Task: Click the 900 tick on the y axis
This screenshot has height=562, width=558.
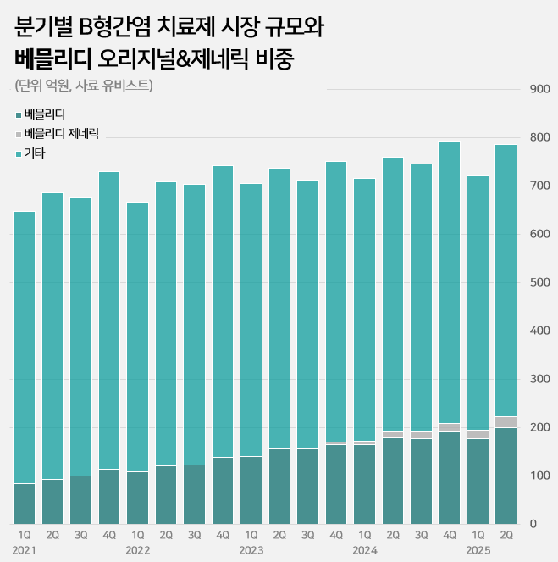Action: coord(539,89)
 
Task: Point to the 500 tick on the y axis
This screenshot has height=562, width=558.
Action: coord(539,282)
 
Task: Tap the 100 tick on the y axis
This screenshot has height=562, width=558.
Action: coord(539,476)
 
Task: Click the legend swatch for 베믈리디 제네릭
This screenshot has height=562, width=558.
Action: coord(19,134)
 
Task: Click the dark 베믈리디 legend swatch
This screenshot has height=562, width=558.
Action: coord(19,114)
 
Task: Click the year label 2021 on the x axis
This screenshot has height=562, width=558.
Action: coord(25,550)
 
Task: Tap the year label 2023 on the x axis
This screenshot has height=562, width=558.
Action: coord(251,550)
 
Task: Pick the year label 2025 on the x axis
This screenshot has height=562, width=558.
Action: coord(478,550)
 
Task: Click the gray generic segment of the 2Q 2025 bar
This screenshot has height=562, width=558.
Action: coord(506,422)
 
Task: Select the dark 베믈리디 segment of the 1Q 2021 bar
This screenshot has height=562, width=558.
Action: coord(25,504)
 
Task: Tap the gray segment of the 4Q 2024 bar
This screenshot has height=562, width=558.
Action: coord(449,427)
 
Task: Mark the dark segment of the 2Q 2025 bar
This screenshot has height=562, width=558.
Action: coord(506,476)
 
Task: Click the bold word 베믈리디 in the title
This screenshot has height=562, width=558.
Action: coord(52,59)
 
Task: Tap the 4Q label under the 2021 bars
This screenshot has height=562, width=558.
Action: coord(109,535)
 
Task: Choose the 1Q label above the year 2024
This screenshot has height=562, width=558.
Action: coord(364,535)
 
